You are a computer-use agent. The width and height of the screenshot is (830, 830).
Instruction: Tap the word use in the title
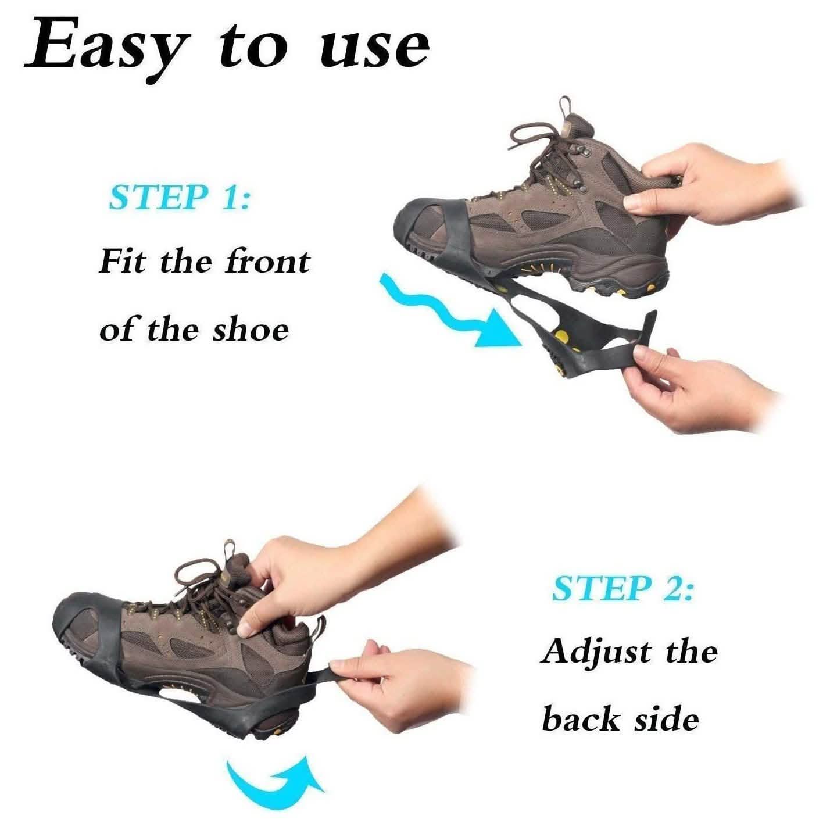[375, 48]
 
